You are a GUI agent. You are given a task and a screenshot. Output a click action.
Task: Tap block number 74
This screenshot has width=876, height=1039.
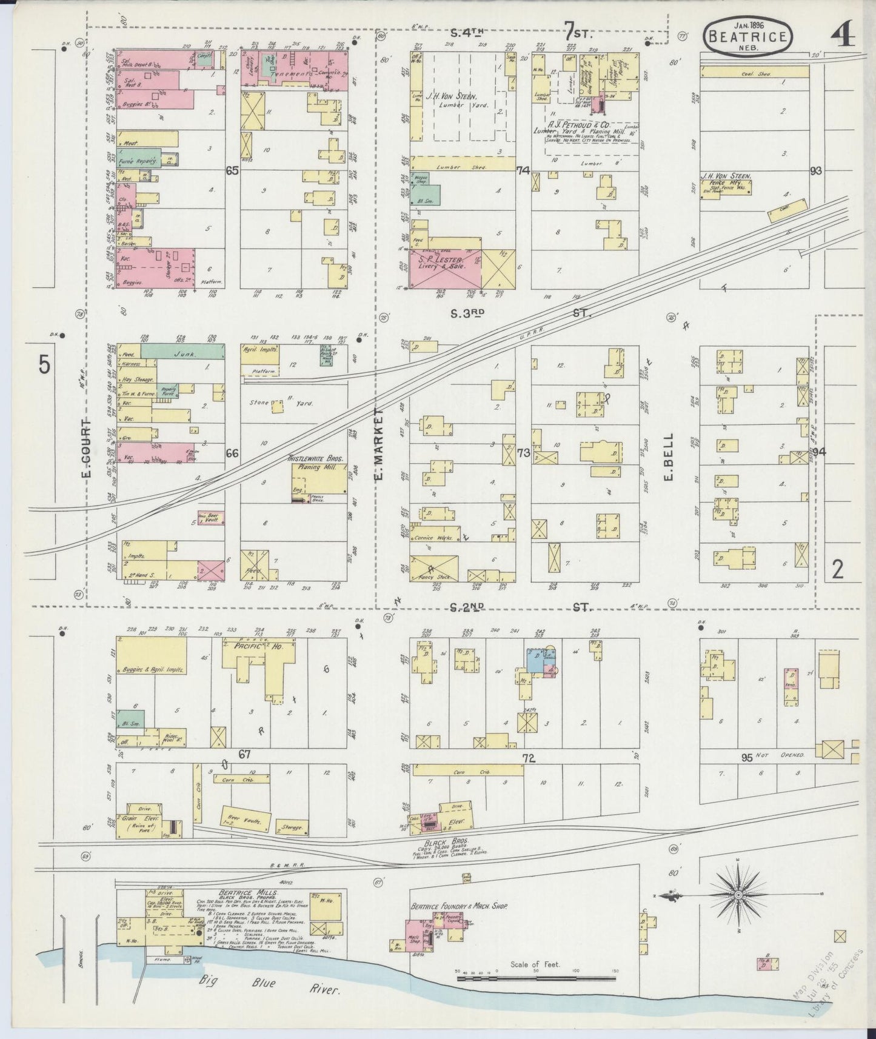[523, 171]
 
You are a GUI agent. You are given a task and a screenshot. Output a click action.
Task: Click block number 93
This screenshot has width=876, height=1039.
[816, 171]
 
